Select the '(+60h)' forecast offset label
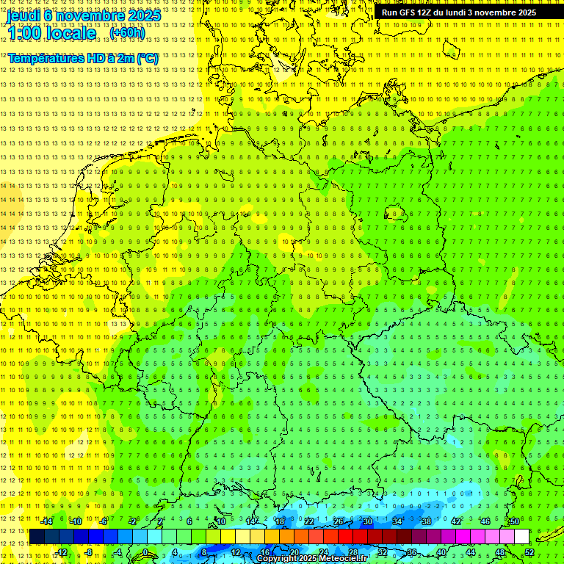(x=127, y=33)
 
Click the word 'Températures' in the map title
(x=44, y=58)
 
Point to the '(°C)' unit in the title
(x=145, y=58)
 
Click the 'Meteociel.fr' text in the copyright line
(x=343, y=559)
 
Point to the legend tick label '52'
(x=529, y=552)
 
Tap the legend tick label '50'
(x=515, y=521)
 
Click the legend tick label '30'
(x=368, y=521)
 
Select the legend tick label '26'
(x=339, y=521)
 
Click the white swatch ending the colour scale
(x=522, y=537)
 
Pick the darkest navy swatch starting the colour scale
(x=37, y=537)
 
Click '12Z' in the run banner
(x=425, y=12)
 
